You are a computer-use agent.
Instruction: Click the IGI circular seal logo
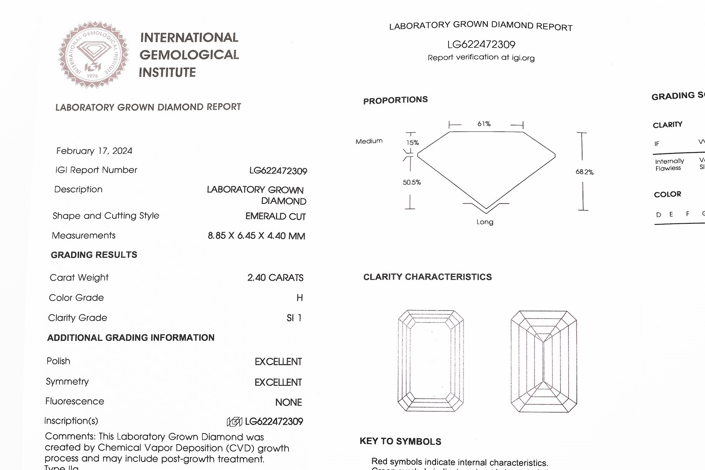point(93,55)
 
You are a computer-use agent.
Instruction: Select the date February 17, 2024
point(94,151)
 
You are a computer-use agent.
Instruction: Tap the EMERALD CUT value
point(275,216)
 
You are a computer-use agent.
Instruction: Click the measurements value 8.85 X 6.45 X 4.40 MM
point(256,236)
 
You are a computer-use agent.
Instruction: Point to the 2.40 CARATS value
point(275,278)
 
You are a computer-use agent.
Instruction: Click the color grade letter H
point(300,298)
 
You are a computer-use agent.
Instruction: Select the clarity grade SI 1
point(294,318)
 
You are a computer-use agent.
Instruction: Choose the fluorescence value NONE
point(289,402)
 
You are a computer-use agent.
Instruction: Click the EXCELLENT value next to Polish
point(278,362)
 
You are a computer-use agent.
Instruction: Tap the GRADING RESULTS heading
point(94,255)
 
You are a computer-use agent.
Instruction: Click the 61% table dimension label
point(484,124)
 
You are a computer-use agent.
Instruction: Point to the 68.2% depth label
point(584,172)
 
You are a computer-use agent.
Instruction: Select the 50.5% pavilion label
point(412,182)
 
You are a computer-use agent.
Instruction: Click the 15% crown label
point(412,143)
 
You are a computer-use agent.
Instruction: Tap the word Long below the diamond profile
point(485,222)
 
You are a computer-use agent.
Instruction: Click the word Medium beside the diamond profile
point(369,141)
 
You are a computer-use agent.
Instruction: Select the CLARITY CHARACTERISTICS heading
point(427,277)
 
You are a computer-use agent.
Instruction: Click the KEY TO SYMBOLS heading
point(400,441)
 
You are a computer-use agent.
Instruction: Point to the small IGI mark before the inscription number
point(234,422)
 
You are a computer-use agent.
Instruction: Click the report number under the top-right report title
point(481,44)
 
